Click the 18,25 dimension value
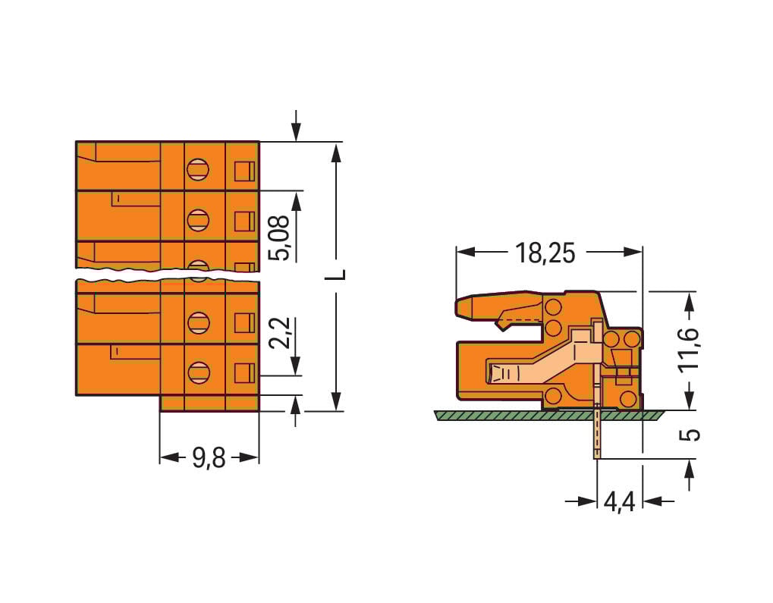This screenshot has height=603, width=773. pos(545,253)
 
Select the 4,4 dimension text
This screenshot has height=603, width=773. pos(620,502)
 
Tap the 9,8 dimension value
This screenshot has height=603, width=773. pos(209,457)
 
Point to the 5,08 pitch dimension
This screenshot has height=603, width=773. pos(281,238)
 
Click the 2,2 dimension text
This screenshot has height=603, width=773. pos(281,332)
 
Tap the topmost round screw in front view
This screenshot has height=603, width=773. pos(198,168)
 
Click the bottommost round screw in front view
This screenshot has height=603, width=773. pos(198,372)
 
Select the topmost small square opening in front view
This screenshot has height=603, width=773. pos(243,171)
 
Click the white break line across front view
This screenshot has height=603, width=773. pos(167,275)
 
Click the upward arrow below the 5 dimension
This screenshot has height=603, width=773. pos(689,473)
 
